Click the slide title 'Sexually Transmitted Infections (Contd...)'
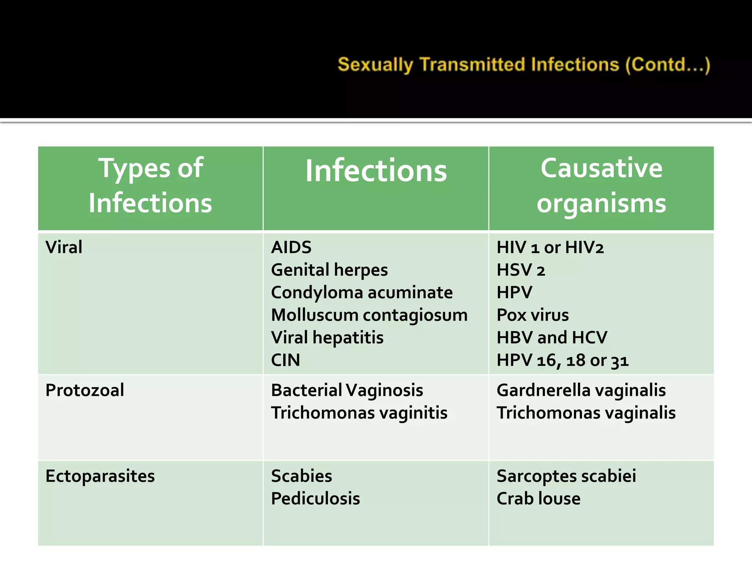click(x=524, y=65)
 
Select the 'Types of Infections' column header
click(x=151, y=186)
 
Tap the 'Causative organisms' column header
click(x=601, y=186)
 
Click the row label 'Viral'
click(x=64, y=247)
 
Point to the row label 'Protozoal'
click(x=85, y=390)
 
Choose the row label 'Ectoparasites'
click(x=100, y=476)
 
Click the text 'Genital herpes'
click(x=329, y=270)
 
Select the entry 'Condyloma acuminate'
click(x=362, y=293)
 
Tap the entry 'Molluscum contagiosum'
click(x=369, y=315)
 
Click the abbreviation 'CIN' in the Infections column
click(x=285, y=360)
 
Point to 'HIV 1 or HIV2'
click(x=550, y=247)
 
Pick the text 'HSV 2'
click(x=521, y=270)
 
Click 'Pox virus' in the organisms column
click(x=532, y=315)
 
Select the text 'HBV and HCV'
click(x=552, y=338)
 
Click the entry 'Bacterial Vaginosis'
click(x=347, y=390)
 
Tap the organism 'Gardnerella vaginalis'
click(x=581, y=390)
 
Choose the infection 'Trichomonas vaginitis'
click(x=359, y=413)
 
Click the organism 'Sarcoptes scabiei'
click(x=566, y=476)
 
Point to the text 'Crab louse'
click(x=538, y=499)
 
